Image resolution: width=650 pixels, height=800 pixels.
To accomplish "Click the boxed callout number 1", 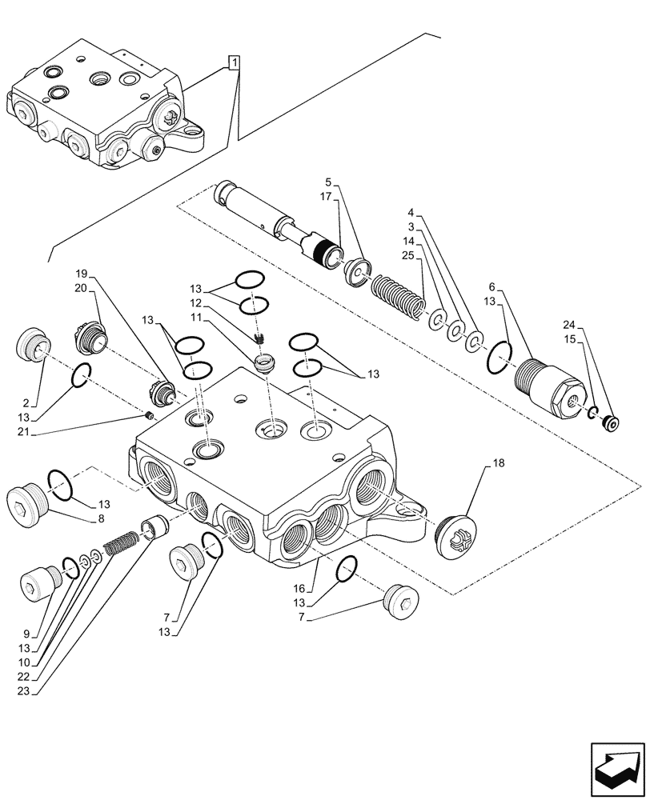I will coord(233,62).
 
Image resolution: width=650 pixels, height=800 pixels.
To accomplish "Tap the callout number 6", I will coord(490,286).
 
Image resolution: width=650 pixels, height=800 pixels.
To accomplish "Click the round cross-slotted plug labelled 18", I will coord(456,531).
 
